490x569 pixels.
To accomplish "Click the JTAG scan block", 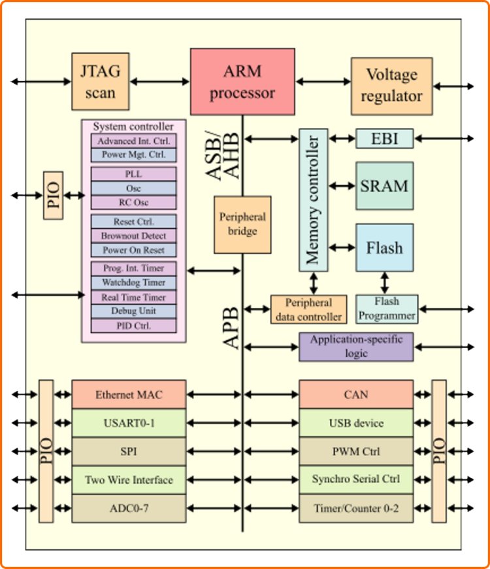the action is point(101,82).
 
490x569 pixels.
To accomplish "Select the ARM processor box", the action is point(242,82).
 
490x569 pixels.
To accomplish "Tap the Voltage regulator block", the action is point(392,86).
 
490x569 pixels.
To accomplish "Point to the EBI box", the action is point(385,138).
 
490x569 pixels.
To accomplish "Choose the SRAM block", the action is point(385,186).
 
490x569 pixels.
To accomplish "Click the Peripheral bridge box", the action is point(242,224).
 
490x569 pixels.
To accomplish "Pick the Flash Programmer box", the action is point(387,309).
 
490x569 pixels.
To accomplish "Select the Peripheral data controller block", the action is point(308,309).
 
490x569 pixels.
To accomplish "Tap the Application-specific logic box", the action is point(356,347).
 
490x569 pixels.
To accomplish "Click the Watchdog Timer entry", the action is point(134,283).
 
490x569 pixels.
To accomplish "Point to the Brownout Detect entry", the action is point(134,236).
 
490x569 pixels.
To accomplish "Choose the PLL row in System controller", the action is point(134,174).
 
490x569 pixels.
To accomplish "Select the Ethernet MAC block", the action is point(129,394).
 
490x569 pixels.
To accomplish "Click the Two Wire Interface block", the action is point(129,480).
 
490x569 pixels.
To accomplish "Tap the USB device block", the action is point(356,422).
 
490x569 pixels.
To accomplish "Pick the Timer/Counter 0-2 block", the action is point(356,508).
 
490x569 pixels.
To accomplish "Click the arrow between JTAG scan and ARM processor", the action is point(160,82).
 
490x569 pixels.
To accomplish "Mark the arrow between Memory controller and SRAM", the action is point(342,186).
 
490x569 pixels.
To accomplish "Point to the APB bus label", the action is point(231,328).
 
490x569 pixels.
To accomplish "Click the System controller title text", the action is point(133,126).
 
